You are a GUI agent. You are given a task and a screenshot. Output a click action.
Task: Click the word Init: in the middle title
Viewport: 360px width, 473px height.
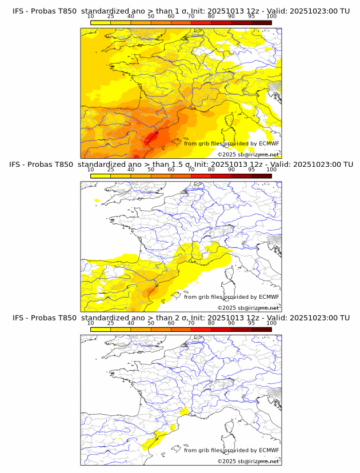pyautogui.click(x=204, y=165)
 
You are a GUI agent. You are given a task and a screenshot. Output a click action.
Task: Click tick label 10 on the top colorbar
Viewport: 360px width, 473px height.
pyautogui.click(x=91, y=17)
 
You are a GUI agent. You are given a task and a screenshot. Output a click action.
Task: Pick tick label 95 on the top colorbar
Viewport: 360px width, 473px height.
pyautogui.click(x=251, y=17)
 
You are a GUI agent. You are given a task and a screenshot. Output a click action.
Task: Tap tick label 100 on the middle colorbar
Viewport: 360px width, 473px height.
pyautogui.click(x=271, y=170)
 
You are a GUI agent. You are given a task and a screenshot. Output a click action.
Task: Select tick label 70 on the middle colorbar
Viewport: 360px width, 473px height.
pyautogui.click(x=191, y=170)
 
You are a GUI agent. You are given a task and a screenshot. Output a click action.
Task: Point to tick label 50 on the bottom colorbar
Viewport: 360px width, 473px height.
pyautogui.click(x=151, y=323)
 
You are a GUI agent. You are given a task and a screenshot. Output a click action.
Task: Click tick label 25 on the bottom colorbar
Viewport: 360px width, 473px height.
pyautogui.click(x=111, y=323)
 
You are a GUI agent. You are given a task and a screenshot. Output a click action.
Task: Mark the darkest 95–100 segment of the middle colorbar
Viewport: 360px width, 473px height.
pyautogui.click(x=261, y=175)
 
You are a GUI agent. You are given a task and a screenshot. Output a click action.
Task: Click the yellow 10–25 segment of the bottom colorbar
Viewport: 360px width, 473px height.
pyautogui.click(x=101, y=328)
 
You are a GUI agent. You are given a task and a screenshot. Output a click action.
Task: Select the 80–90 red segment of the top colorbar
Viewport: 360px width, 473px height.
pyautogui.click(x=221, y=22)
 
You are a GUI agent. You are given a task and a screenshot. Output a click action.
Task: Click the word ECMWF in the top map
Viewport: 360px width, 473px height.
pyautogui.click(x=269, y=144)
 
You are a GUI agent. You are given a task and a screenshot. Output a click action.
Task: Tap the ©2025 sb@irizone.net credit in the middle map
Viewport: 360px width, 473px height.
pyautogui.click(x=248, y=307)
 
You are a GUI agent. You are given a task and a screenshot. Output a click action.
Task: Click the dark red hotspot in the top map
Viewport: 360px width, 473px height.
pyautogui.click(x=153, y=137)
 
